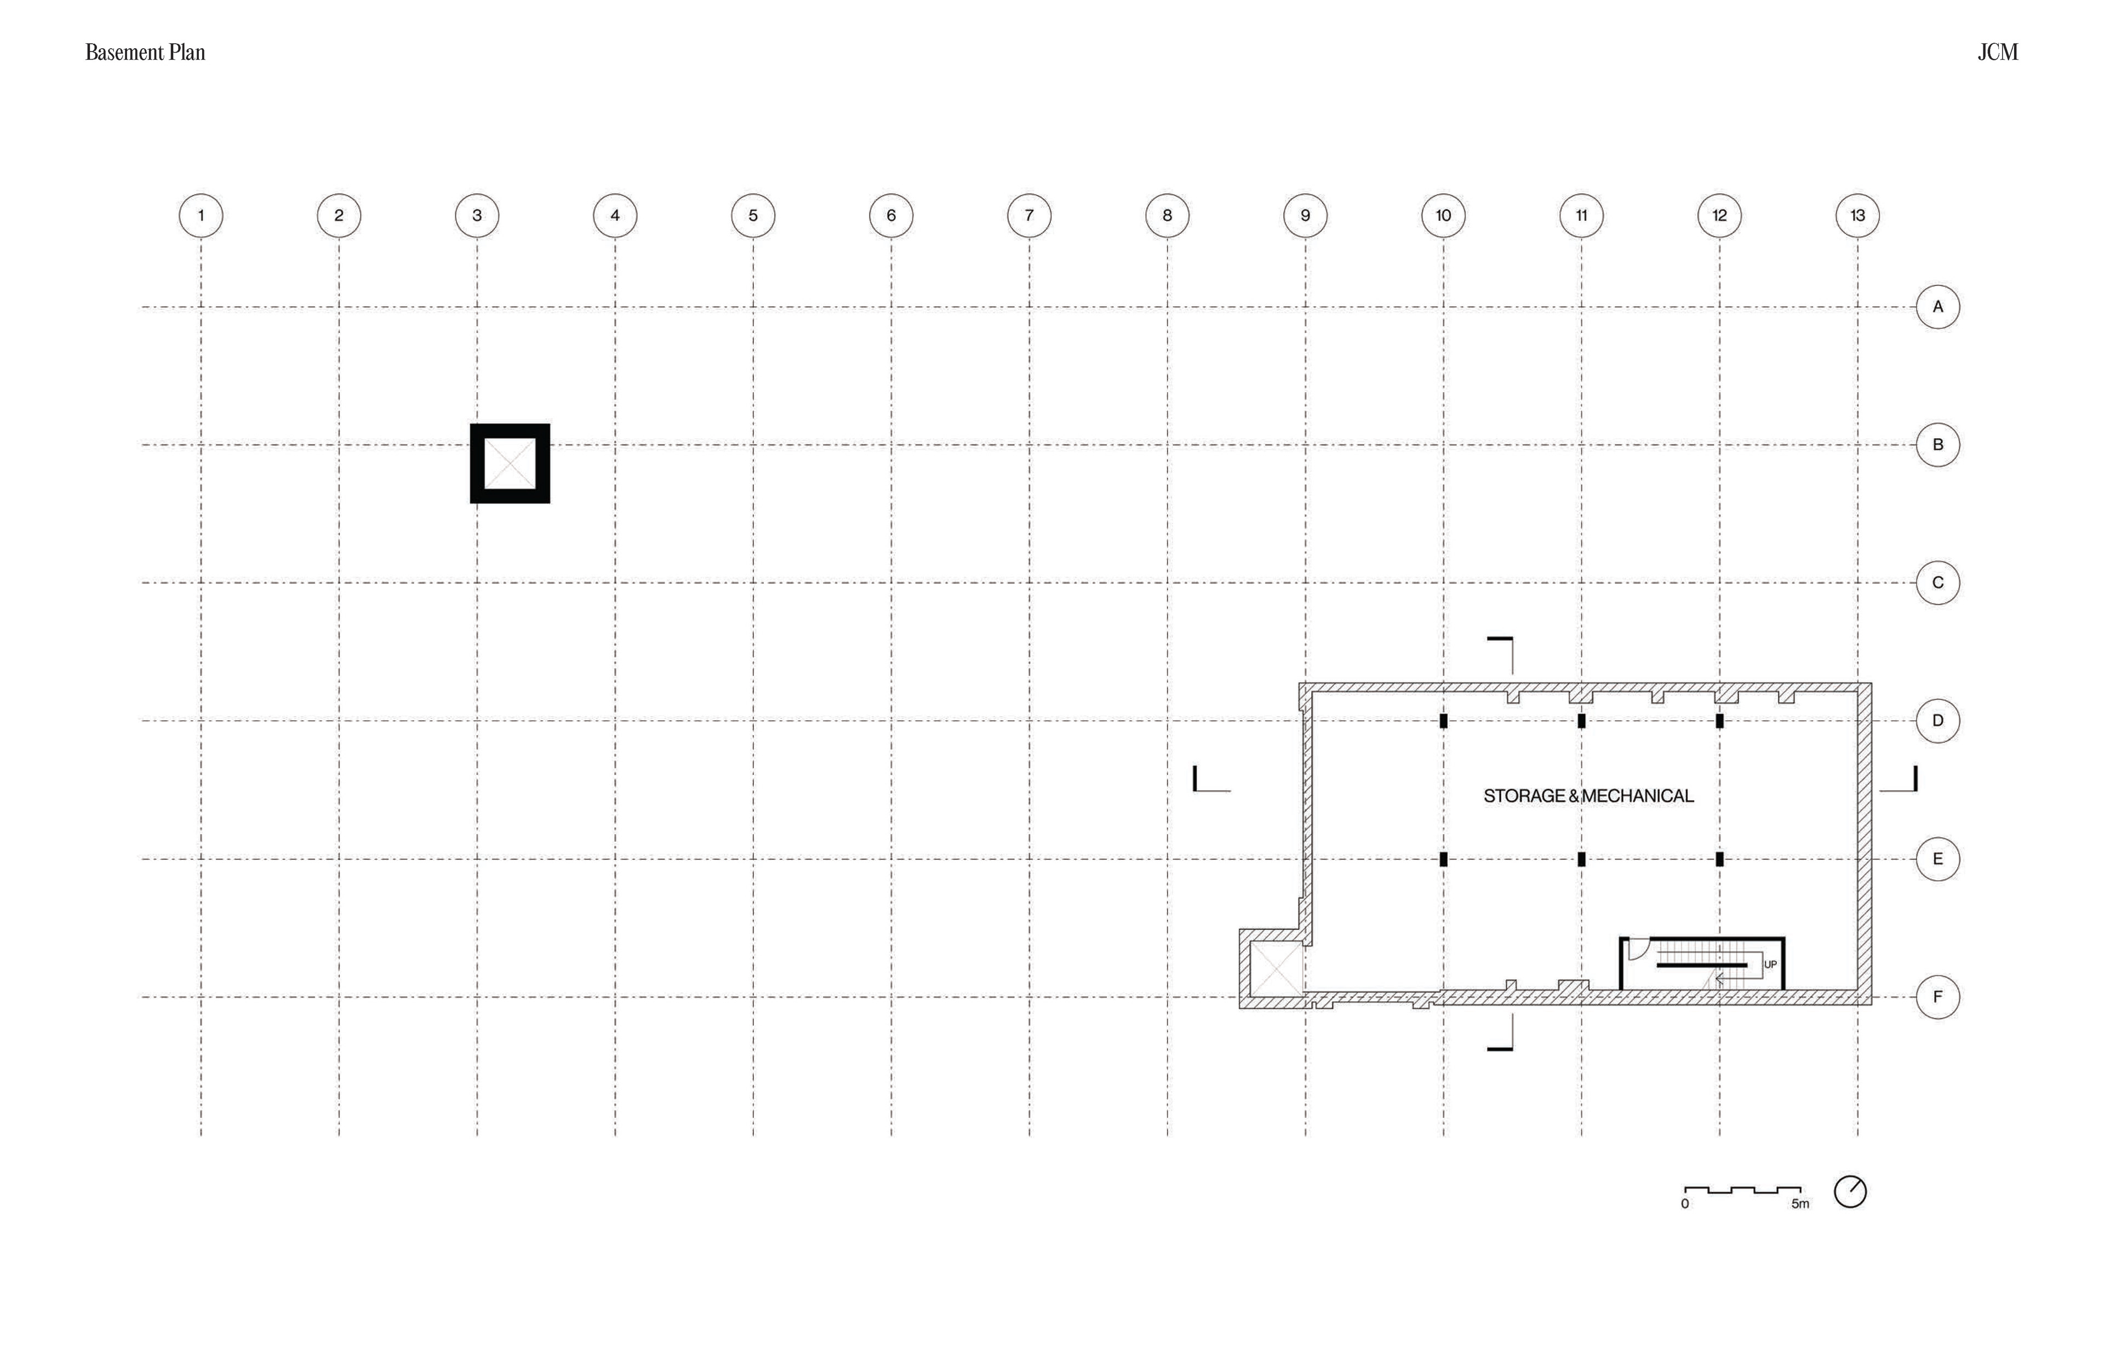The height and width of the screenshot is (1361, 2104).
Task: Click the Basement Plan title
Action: pos(145,52)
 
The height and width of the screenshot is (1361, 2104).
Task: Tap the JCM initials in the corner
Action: pos(1997,52)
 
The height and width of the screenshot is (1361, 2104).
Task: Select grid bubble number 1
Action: pos(201,216)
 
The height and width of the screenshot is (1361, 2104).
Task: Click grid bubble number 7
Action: pos(1029,216)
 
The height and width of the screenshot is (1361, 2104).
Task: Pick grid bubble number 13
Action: pos(1857,216)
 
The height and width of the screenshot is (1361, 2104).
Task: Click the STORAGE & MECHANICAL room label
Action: pos(1588,795)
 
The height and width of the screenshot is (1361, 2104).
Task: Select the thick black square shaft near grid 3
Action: pos(510,463)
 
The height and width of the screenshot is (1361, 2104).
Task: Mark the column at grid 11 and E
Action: pos(1581,859)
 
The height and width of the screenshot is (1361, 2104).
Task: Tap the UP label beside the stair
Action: pos(1770,964)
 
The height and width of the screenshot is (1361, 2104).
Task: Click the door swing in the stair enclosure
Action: pos(1637,948)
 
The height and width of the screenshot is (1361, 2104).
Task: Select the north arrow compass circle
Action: pos(1850,1191)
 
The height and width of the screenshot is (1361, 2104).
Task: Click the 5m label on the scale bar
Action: pos(1800,1204)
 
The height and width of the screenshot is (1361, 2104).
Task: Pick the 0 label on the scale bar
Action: pos(1685,1204)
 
